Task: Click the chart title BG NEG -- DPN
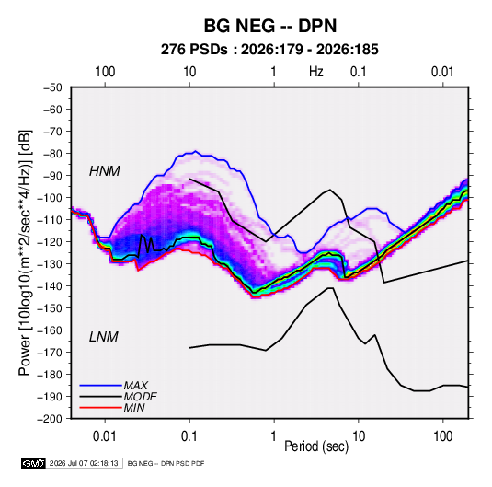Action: pos(270,26)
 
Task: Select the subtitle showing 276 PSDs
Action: pos(269,50)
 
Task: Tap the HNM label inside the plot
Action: pos(105,171)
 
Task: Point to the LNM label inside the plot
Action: pos(104,337)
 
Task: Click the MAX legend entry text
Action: pos(135,385)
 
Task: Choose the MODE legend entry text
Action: pos(141,397)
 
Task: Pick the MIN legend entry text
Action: pos(134,408)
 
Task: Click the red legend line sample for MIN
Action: pos(100,408)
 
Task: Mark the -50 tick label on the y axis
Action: pos(52,87)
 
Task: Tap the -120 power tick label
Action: pos(50,242)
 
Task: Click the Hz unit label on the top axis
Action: pos(316,72)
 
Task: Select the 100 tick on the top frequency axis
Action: pos(105,72)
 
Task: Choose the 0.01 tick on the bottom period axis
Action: pos(105,436)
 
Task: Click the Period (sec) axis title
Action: pos(316,446)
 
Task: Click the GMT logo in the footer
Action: pos(34,463)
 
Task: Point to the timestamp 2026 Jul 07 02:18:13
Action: pos(84,463)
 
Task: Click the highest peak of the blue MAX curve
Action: pos(196,151)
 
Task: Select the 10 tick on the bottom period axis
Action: pos(359,436)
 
